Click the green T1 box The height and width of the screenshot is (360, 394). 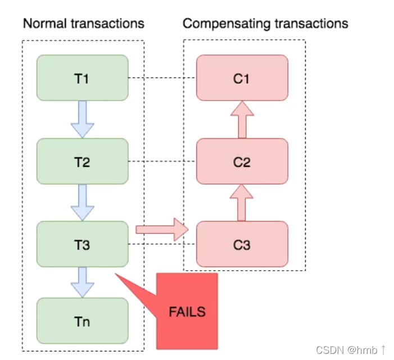coord(82,78)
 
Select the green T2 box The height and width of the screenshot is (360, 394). coord(82,162)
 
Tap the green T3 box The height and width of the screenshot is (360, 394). coord(82,244)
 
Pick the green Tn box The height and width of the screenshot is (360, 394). coord(82,321)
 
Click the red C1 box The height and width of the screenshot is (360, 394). coord(242,78)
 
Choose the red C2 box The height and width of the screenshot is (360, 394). coord(242,162)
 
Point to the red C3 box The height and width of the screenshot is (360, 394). coord(242,244)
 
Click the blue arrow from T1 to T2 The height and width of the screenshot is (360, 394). coord(82,119)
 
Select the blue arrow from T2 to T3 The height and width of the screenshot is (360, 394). coord(82,203)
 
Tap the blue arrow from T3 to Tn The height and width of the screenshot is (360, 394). coord(82,282)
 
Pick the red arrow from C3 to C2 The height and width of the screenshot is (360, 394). coord(242,203)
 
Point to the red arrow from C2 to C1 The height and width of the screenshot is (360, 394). coord(242,119)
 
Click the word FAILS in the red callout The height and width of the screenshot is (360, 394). coord(187,311)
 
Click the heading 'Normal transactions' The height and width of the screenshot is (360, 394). coord(83,24)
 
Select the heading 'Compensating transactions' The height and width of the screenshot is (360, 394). coord(265,24)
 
